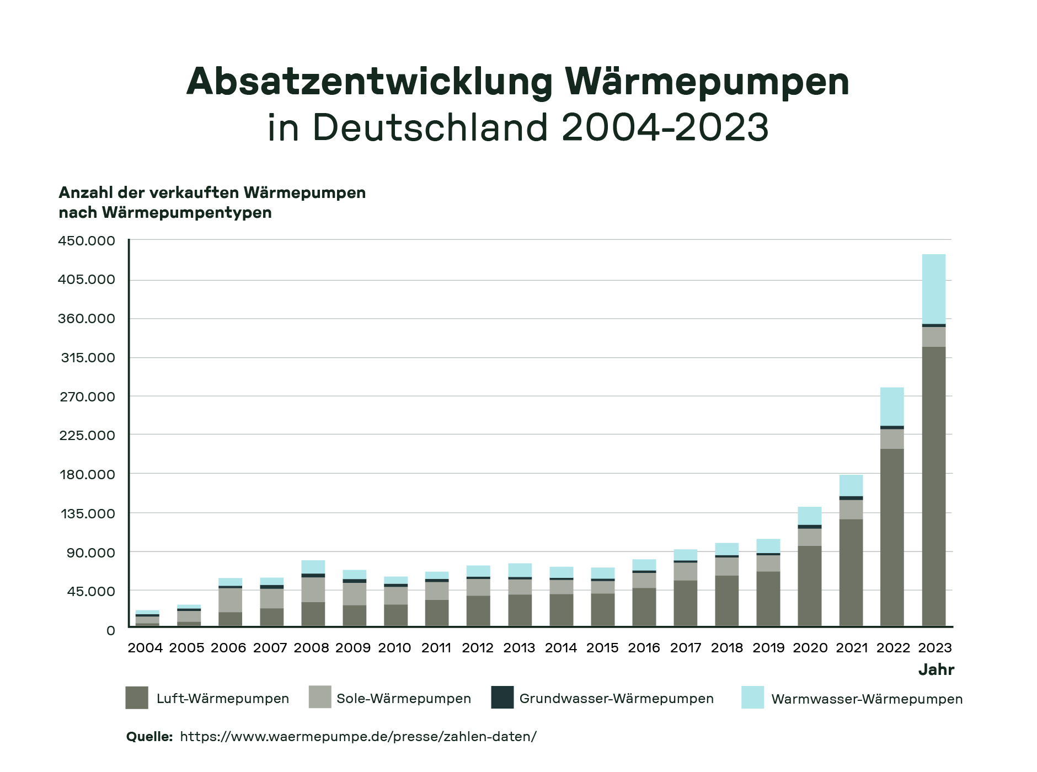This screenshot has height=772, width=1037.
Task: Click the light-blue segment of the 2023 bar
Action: [x=933, y=288]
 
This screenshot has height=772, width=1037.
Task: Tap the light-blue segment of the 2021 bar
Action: [x=851, y=485]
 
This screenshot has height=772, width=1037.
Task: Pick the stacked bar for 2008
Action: [x=313, y=593]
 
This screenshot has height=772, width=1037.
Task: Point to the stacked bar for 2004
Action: [x=147, y=618]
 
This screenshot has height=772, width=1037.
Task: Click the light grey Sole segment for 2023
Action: [x=933, y=336]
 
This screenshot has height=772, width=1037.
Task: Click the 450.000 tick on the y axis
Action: [x=87, y=241]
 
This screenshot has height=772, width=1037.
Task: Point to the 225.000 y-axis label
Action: [x=87, y=436]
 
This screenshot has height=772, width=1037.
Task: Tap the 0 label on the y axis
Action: [x=110, y=630]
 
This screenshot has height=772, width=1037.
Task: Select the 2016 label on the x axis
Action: [x=644, y=648]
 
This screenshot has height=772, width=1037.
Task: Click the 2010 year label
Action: [x=394, y=648]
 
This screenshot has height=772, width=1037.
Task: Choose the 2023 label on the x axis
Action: [x=935, y=648]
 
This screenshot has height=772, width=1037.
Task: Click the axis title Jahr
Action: [x=936, y=670]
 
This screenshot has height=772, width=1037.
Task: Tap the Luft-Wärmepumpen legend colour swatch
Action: [x=137, y=698]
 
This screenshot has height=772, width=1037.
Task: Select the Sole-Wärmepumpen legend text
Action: [x=404, y=699]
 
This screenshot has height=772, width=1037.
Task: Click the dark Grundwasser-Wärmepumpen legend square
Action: [x=502, y=698]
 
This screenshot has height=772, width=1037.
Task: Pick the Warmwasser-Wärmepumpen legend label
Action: [x=867, y=699]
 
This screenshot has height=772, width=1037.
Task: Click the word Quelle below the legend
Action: [x=149, y=737]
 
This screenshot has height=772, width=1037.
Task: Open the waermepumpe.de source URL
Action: [x=358, y=737]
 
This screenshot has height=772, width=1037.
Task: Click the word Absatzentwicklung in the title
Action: [x=370, y=82]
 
